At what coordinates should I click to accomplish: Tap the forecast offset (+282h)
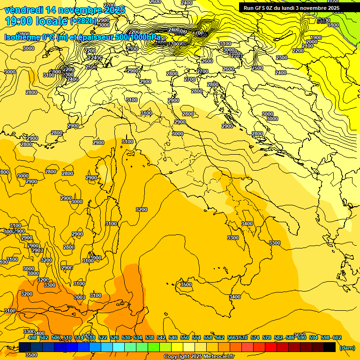pos(83,21)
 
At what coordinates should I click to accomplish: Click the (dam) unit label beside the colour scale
pos(347,348)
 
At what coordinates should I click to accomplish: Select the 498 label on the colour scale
pos(32,337)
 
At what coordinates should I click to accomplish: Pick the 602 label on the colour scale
pos(337,337)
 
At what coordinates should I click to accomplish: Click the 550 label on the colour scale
pos(185,337)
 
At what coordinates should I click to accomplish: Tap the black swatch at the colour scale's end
pos(330,347)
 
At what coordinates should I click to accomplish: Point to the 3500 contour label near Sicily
pos(186,285)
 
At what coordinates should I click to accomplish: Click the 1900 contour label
pos(316,37)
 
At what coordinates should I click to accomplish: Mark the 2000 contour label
pos(311,42)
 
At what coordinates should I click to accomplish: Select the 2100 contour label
pos(307,46)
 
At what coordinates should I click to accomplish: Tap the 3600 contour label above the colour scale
pos(300,335)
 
